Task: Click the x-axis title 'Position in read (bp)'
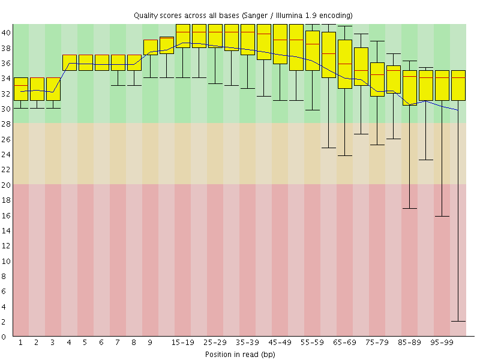pos(239,354)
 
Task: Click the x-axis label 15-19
pos(183,343)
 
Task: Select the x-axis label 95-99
pos(442,343)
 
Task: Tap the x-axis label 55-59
pos(313,343)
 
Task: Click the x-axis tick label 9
pos(150,343)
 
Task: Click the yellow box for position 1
pos(21,89)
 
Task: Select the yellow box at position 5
pos(86,62)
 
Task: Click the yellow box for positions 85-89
pos(410,88)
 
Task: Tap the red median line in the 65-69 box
pos(345,64)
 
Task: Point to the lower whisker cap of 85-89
pos(410,208)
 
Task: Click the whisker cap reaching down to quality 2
pos(458,321)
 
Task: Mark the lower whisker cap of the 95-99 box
pos(442,216)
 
